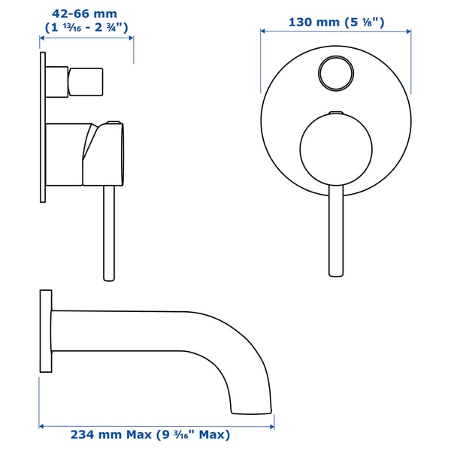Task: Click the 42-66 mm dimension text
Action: [x=85, y=13]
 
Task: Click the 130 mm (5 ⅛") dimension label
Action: [x=336, y=22]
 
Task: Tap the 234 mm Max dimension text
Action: [x=150, y=434]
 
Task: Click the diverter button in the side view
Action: [x=86, y=81]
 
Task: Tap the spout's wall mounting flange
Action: [x=46, y=330]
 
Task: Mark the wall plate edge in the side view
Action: [x=42, y=128]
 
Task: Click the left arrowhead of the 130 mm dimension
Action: [x=264, y=31]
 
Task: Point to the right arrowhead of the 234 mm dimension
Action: [x=271, y=426]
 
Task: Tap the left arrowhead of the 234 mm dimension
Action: [x=42, y=426]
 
